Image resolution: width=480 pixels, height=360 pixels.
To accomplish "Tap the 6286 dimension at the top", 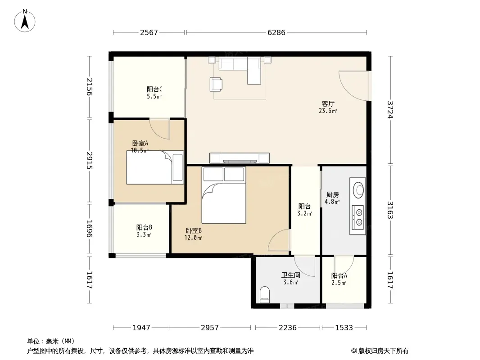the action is [276, 32].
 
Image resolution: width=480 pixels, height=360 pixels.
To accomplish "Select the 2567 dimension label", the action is [149, 32].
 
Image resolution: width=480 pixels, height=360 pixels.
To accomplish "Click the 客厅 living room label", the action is [328, 103].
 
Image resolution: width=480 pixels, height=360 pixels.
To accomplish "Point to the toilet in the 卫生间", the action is [264, 294].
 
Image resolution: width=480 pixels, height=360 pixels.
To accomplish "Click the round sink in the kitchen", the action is [358, 190].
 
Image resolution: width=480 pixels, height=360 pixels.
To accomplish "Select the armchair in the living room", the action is [216, 85].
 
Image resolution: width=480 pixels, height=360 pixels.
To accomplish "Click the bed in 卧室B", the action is [224, 195].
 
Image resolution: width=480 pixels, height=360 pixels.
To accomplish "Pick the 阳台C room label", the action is [154, 89].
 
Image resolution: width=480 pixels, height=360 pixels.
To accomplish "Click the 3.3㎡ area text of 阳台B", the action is [144, 234].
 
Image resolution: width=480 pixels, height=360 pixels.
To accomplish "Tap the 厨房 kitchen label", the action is [332, 194].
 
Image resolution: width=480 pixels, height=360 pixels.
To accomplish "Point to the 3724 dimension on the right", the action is [390, 109].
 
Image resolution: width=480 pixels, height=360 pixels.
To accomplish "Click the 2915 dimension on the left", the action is [89, 160].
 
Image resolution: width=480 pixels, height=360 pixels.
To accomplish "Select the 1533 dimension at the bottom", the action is [344, 328].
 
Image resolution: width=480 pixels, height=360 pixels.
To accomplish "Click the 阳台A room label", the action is [339, 275].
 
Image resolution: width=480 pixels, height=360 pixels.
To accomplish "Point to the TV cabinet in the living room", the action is [240, 158].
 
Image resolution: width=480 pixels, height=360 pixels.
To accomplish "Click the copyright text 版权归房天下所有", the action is [383, 351].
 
